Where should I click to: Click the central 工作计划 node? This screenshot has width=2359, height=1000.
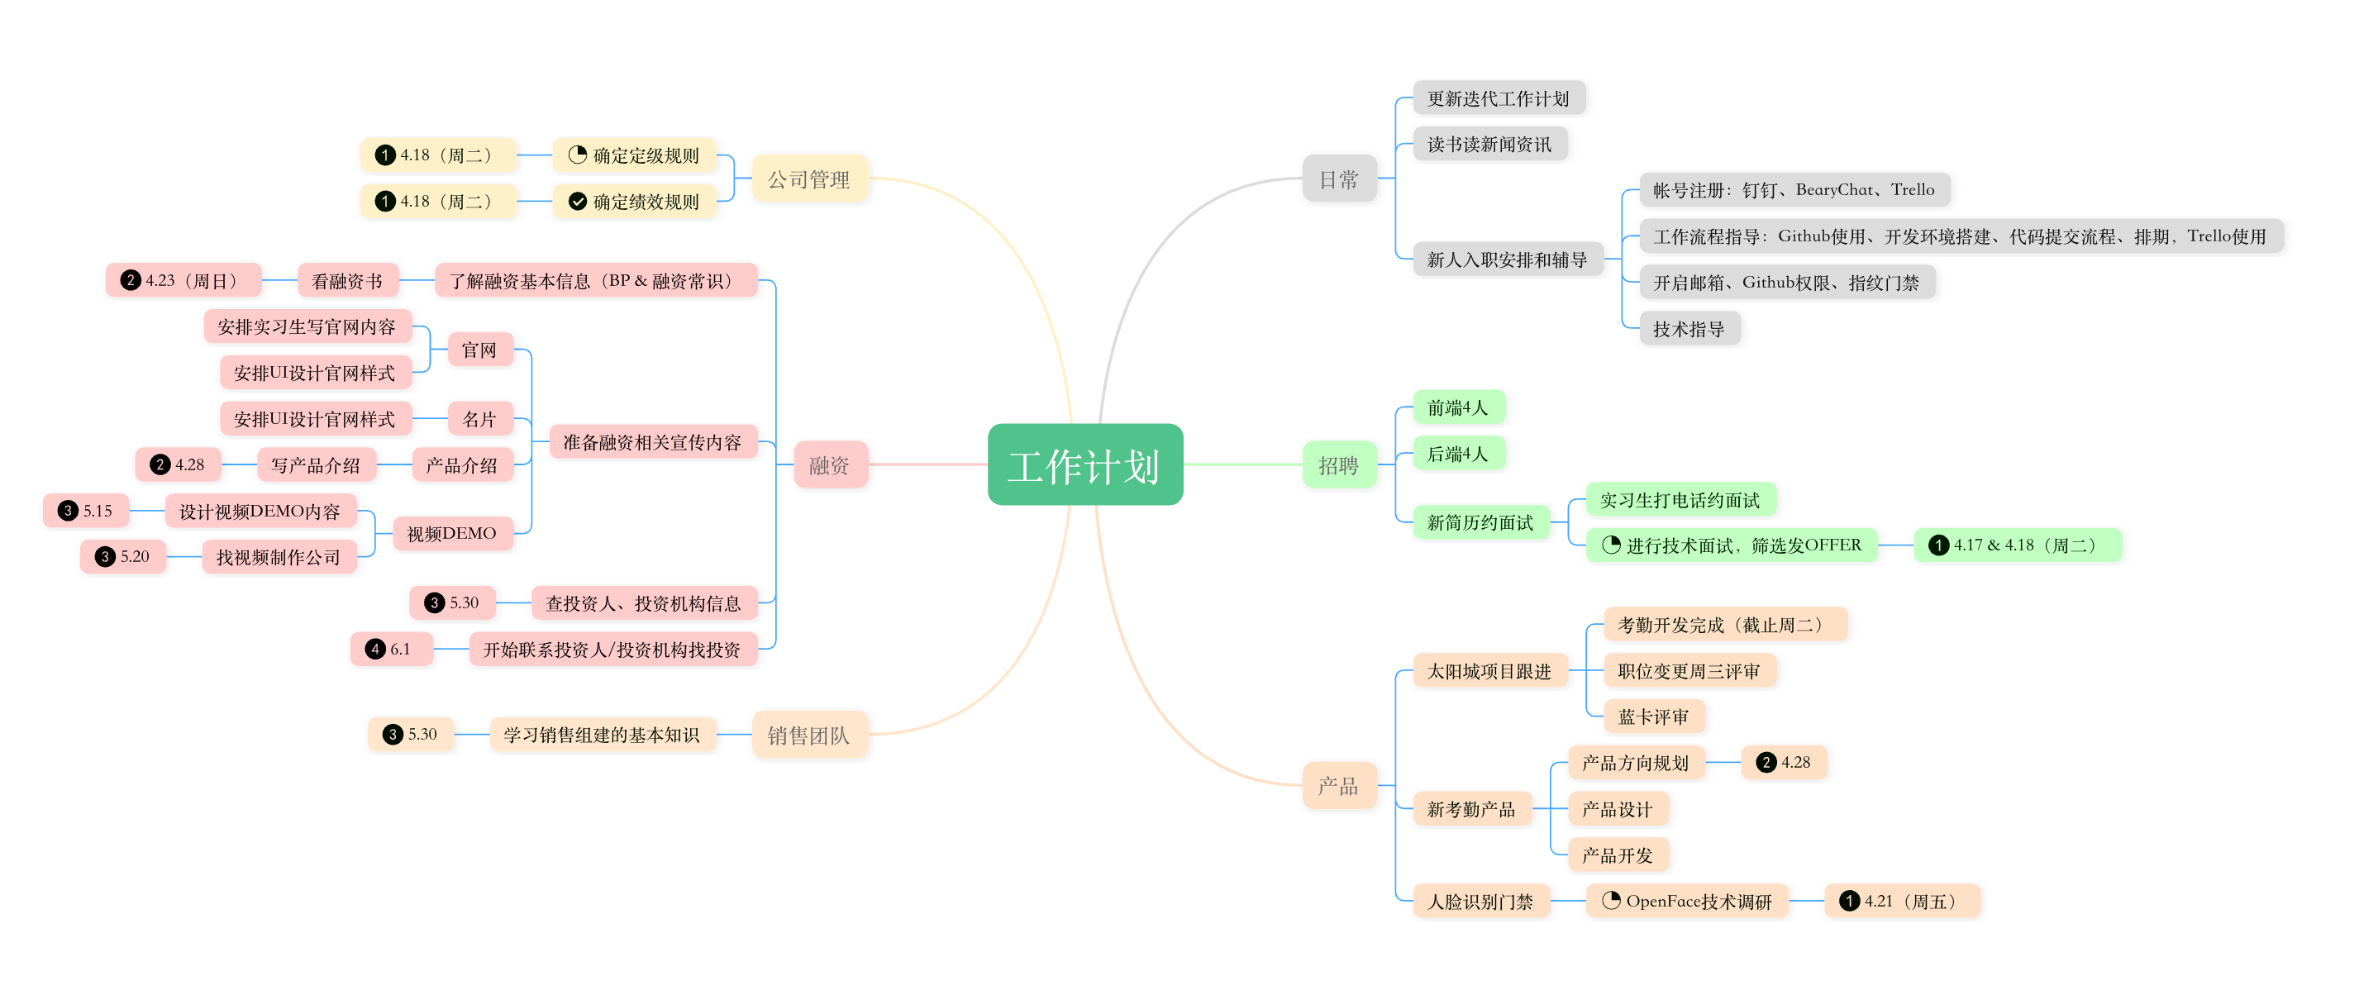(x=1085, y=464)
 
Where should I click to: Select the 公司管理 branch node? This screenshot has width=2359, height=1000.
(x=808, y=179)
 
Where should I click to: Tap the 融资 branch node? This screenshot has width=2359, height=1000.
(x=830, y=464)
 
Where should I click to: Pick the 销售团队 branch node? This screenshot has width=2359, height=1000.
(x=808, y=735)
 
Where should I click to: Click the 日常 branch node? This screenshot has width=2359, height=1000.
(x=1339, y=179)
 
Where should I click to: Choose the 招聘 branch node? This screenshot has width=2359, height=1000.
(x=1339, y=464)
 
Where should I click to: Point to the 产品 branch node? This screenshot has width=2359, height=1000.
(x=1339, y=785)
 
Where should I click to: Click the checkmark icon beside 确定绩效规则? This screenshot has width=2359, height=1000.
(x=578, y=202)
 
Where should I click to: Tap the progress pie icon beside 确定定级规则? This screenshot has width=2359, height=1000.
(x=578, y=155)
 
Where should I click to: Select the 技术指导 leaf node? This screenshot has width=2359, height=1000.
(x=1689, y=329)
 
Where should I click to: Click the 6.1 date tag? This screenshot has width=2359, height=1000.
(x=392, y=650)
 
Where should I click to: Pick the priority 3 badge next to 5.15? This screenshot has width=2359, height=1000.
(x=68, y=511)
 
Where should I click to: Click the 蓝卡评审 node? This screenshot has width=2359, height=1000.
(x=1654, y=717)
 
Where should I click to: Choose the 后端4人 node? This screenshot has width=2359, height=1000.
(x=1458, y=453)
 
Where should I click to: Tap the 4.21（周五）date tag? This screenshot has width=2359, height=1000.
(x=1902, y=901)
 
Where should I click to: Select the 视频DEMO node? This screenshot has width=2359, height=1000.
(x=452, y=534)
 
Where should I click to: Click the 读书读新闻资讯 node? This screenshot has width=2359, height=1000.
(x=1490, y=144)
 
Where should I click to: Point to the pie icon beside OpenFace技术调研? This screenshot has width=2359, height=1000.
(x=1611, y=901)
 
